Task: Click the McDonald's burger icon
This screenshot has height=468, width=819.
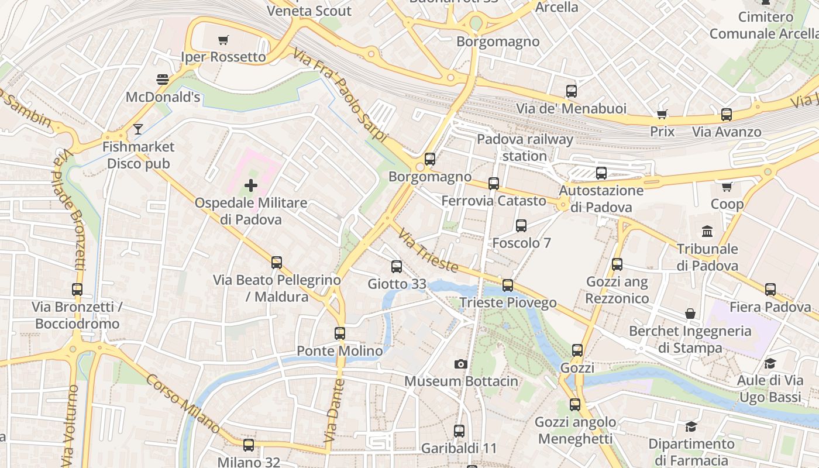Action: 162,79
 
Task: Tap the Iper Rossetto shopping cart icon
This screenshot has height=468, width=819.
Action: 223,40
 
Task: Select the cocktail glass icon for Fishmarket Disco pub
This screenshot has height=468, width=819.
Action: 137,129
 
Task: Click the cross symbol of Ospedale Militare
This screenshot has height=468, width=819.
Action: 251,186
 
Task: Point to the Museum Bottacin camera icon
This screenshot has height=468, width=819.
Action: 460,364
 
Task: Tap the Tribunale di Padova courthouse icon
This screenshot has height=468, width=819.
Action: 707,231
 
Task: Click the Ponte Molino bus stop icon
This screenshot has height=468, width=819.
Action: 340,333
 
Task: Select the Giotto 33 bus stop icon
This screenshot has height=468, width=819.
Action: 397,267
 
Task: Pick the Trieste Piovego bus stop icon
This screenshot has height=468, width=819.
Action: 508,285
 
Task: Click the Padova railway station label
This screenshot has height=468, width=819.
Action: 525,147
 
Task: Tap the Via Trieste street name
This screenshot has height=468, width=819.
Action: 428,250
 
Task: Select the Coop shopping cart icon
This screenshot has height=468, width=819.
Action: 727,187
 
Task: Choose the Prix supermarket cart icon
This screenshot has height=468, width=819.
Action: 662,114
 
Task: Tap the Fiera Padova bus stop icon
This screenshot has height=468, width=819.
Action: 770,289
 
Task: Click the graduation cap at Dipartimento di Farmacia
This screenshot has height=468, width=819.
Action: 691,426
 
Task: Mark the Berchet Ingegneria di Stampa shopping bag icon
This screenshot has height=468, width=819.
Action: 690,314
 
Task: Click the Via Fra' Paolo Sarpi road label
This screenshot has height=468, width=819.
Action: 340,95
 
